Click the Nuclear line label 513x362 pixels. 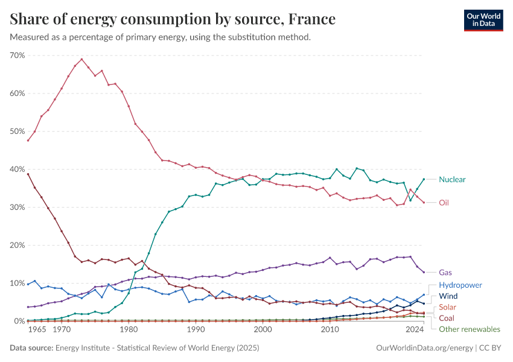[x=452, y=179]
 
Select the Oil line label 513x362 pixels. [x=444, y=203]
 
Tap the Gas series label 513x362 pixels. [x=445, y=273]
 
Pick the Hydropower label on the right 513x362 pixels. [x=460, y=285]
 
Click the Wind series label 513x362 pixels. [x=448, y=296]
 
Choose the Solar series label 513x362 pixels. [x=448, y=307]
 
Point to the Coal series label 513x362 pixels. [x=447, y=318]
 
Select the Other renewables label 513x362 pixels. [x=470, y=329]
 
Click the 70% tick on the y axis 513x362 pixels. [x=17, y=56]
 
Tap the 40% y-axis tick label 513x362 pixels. [x=17, y=170]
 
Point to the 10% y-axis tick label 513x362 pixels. [x=17, y=284]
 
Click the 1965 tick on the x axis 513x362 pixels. [x=36, y=330]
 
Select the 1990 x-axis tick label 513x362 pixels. [x=195, y=330]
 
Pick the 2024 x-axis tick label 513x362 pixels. [x=415, y=330]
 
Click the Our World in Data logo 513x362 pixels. [x=483, y=20]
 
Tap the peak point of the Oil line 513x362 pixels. [x=81, y=59]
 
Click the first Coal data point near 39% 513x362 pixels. [x=28, y=174]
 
